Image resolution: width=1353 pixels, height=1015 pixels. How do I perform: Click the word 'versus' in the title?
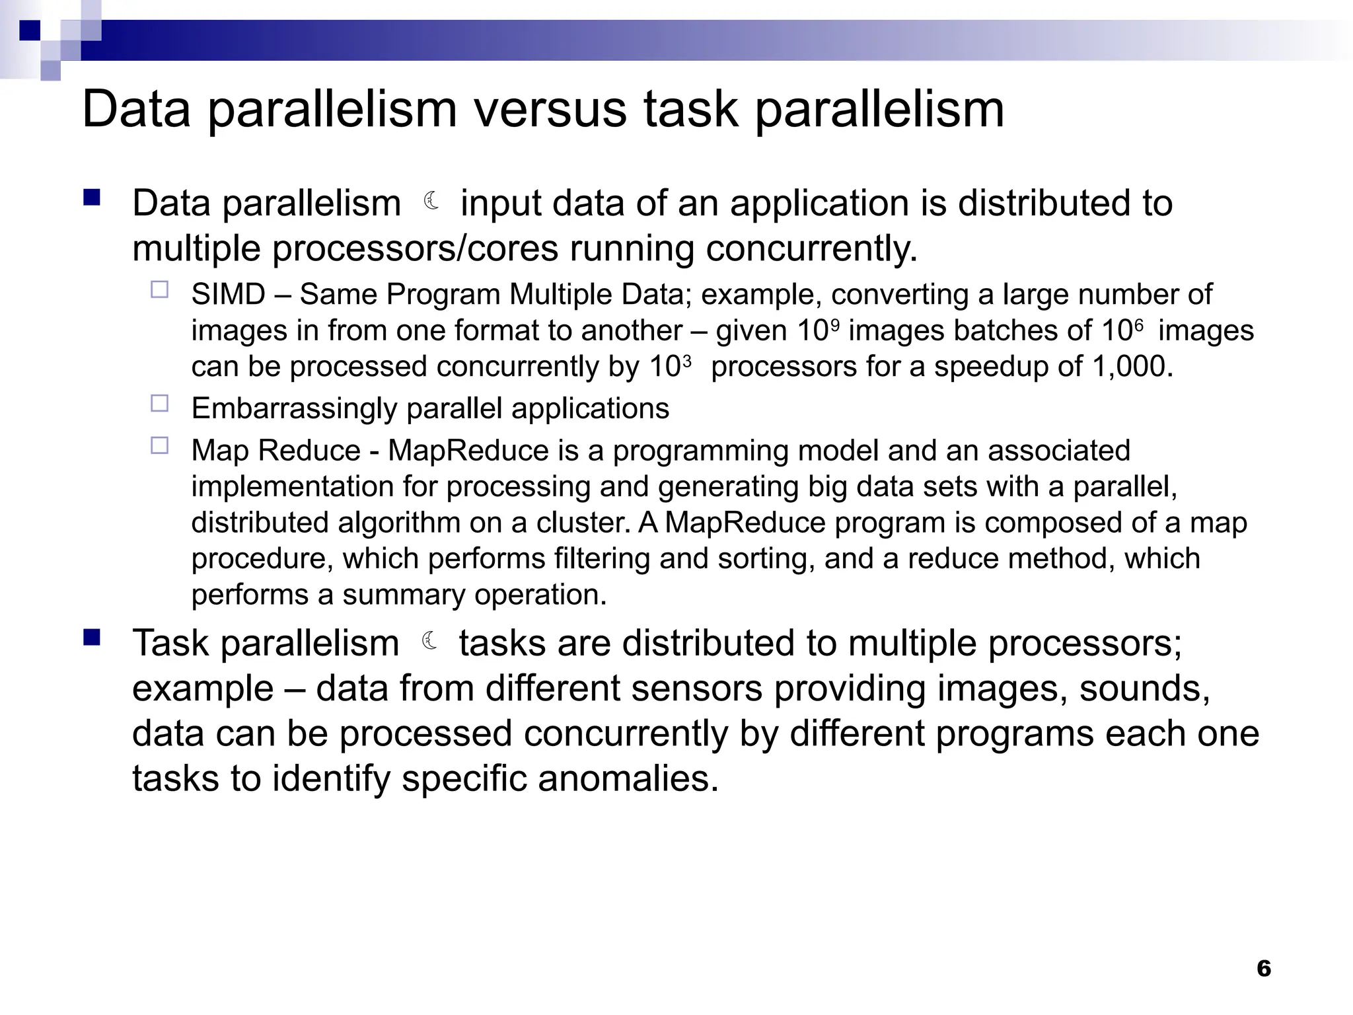550,110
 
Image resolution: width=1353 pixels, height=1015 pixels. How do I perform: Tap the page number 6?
1263,968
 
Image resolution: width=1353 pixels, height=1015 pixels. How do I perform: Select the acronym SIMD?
228,295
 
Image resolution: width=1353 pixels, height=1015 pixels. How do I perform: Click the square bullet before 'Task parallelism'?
92,637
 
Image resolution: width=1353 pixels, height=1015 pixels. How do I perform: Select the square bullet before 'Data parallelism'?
92,198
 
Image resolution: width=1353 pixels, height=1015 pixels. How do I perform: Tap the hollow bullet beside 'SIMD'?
160,290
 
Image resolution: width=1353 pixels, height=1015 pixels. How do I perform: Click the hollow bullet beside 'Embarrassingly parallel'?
160,404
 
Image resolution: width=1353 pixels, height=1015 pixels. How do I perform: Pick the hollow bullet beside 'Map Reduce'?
160,445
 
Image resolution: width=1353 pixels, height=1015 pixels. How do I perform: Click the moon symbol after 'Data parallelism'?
432,200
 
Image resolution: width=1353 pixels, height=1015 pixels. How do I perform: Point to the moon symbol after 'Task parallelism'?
430,640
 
